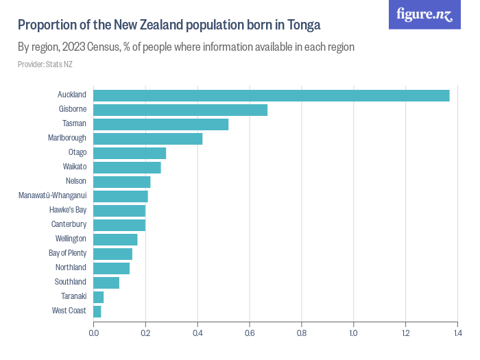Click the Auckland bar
click(x=271, y=95)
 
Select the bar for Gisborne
click(x=180, y=110)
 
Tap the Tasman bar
click(x=160, y=124)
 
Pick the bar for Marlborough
click(x=147, y=139)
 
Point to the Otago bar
click(x=130, y=153)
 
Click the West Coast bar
click(x=97, y=311)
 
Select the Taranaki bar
click(x=99, y=297)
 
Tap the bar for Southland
click(x=106, y=283)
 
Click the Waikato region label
click(x=75, y=167)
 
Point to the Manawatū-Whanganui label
click(x=52, y=195)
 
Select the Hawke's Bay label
click(x=68, y=210)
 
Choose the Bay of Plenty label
click(x=67, y=253)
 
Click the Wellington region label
click(x=71, y=239)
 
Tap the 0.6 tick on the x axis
click(x=249, y=334)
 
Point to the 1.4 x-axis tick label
click(x=457, y=334)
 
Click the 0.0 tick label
click(x=93, y=334)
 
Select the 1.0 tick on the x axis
click(x=353, y=334)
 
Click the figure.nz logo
click(x=424, y=14)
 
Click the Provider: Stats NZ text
click(x=45, y=64)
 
